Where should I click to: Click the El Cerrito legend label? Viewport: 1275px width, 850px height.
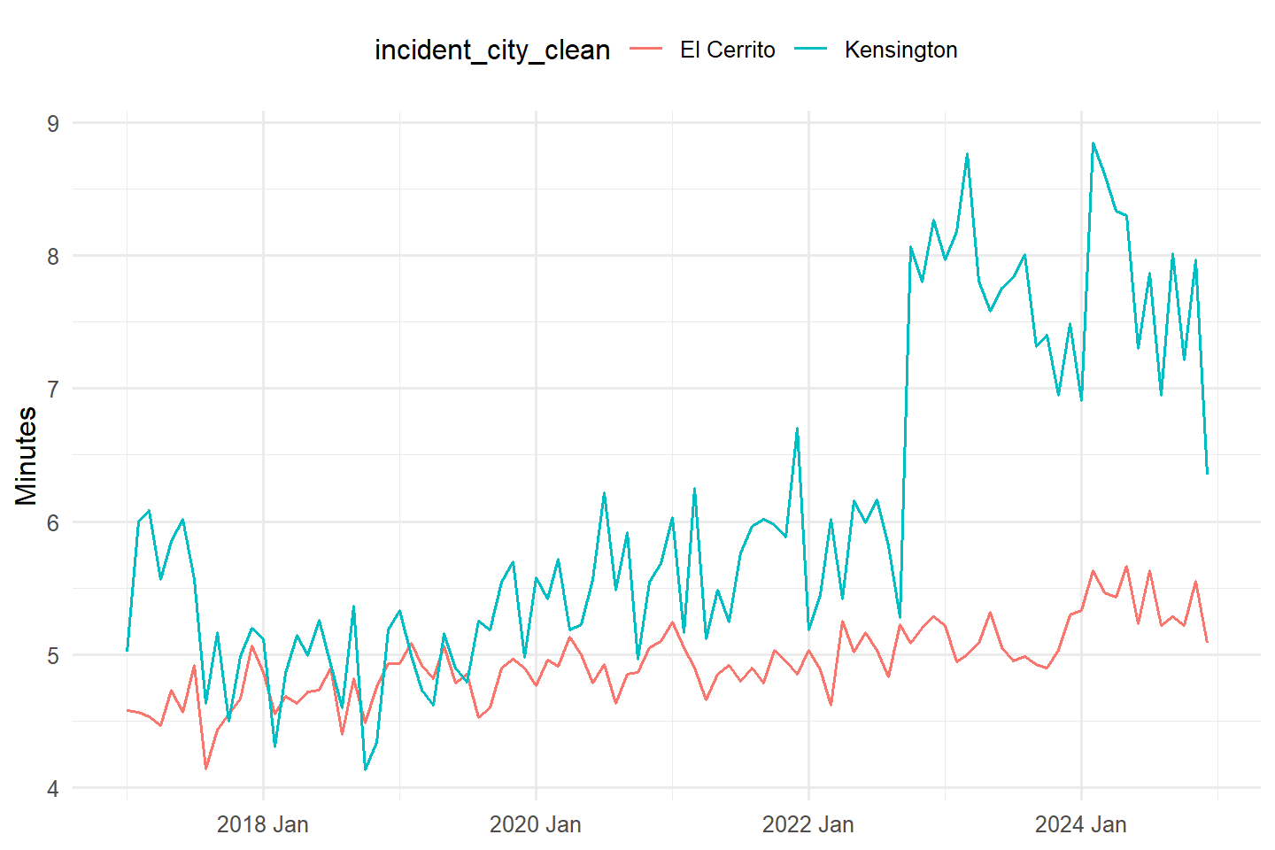(728, 50)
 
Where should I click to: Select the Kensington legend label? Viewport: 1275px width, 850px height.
(901, 50)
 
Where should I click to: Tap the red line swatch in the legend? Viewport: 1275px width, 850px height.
(646, 50)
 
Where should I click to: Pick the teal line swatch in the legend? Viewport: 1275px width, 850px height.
(810, 50)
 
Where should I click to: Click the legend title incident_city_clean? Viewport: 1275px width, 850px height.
(492, 50)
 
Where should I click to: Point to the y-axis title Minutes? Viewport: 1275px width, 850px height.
(26, 456)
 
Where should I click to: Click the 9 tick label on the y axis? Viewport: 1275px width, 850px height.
(53, 124)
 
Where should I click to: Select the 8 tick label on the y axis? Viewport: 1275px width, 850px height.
(53, 257)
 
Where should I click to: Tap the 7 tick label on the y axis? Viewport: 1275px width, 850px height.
(53, 390)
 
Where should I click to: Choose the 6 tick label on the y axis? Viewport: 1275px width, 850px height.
(53, 522)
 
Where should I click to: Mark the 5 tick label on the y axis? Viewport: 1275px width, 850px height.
(53, 656)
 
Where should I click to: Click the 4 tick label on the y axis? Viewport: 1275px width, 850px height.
(53, 789)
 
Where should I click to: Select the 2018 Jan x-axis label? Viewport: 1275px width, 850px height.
(263, 824)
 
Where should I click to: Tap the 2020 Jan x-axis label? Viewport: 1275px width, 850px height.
(536, 824)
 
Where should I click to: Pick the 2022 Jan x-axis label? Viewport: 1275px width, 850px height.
(808, 824)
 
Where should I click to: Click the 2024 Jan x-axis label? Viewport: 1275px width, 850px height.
(1081, 824)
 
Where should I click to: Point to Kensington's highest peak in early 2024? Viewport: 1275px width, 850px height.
(1093, 143)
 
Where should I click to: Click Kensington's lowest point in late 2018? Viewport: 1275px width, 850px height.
(366, 769)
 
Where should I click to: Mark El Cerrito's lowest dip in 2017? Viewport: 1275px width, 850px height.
(206, 769)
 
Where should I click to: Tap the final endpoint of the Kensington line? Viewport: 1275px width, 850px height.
(1208, 473)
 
